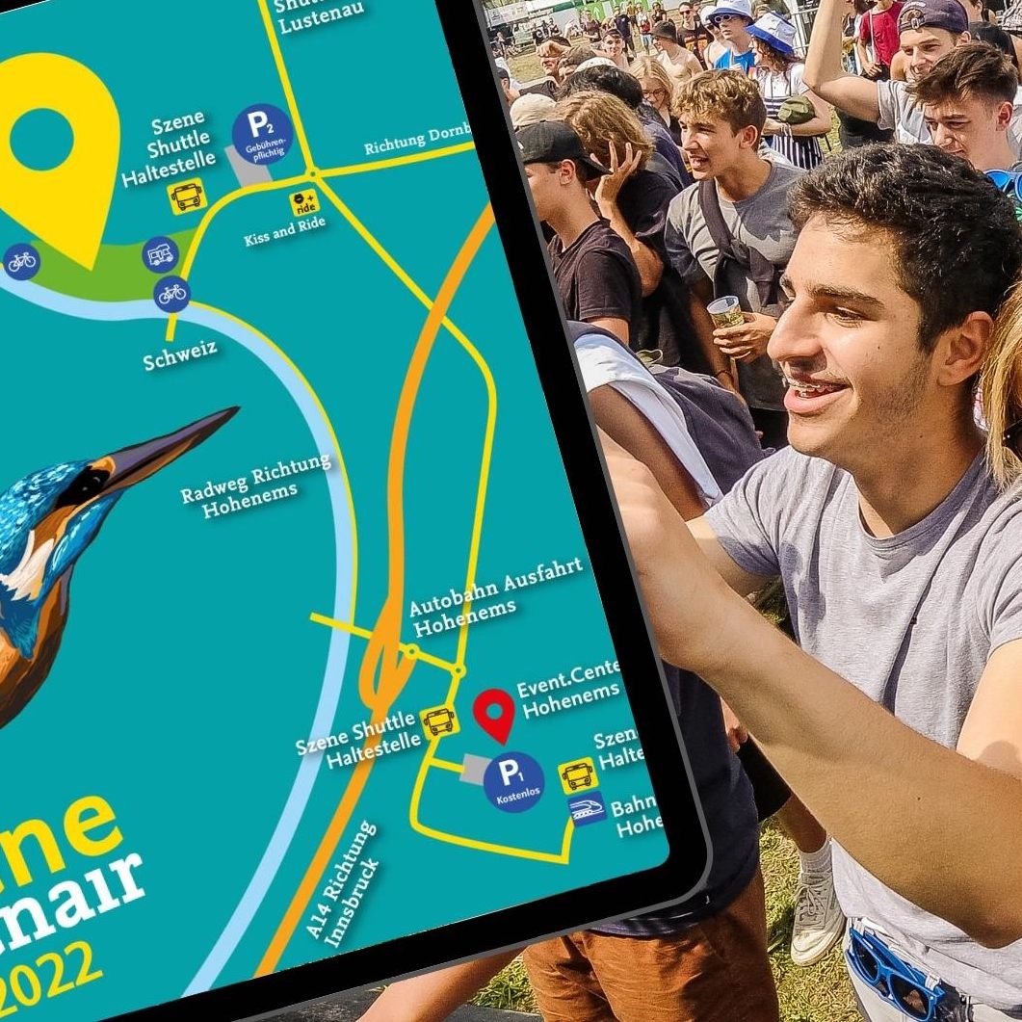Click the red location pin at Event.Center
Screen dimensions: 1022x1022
pyautogui.click(x=495, y=714)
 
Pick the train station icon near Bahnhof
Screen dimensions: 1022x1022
pyautogui.click(x=588, y=809)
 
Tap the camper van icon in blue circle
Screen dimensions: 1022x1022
pyautogui.click(x=160, y=254)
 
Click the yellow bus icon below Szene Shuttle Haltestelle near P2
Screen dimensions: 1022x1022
pyautogui.click(x=188, y=197)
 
